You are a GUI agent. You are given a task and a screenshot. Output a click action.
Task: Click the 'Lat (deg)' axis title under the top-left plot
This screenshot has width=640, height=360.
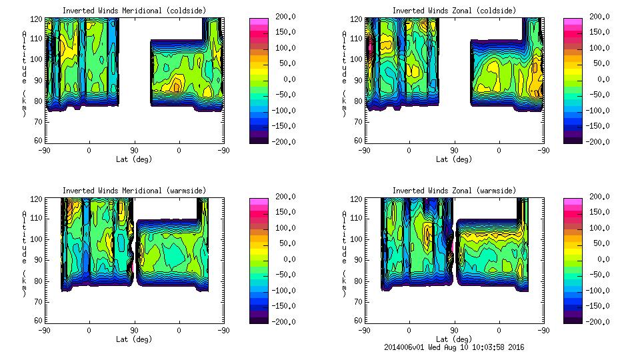134,159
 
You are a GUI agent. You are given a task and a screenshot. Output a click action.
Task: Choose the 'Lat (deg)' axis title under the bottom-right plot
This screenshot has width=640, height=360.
454,339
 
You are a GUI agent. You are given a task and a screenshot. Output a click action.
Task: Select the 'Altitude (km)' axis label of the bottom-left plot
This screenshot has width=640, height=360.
25,250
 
